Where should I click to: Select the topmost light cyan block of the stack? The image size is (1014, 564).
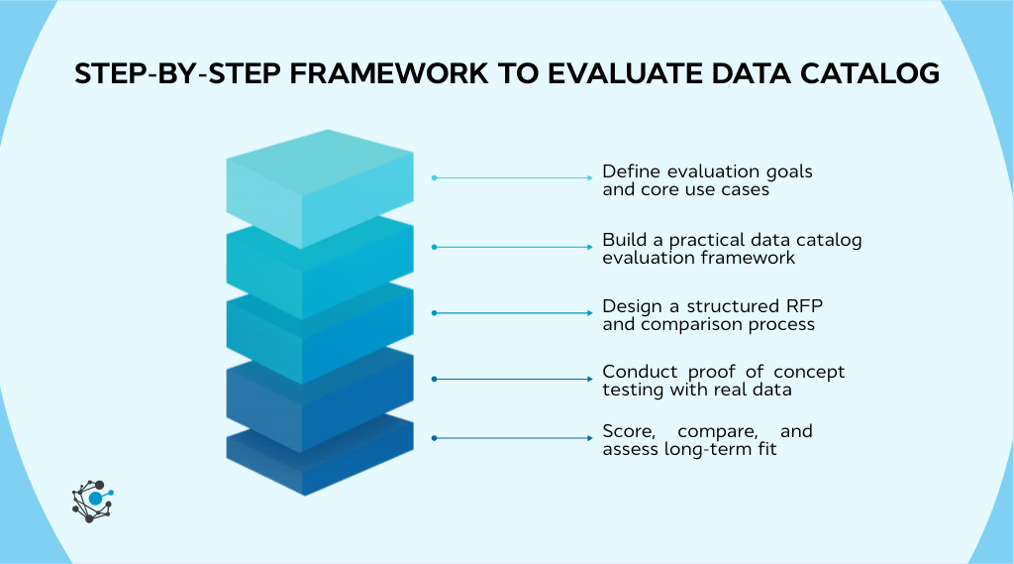click(319, 183)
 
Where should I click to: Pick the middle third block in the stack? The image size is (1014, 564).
click(319, 332)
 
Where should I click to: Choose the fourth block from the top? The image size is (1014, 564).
click(319, 401)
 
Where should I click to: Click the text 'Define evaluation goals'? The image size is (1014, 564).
click(707, 171)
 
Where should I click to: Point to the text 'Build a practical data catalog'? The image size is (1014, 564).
click(732, 240)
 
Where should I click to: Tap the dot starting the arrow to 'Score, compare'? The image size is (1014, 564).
click(434, 438)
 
